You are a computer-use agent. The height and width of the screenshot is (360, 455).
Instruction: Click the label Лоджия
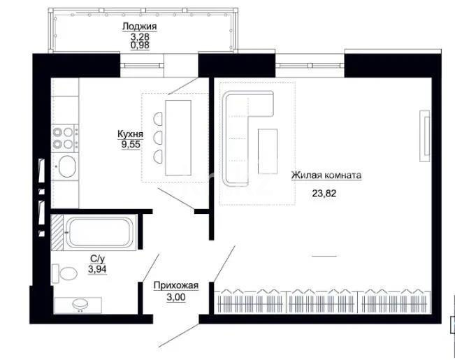click(138, 27)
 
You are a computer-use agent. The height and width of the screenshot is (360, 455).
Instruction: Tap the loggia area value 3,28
click(138, 37)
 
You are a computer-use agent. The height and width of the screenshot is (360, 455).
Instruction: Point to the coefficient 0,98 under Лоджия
click(138, 47)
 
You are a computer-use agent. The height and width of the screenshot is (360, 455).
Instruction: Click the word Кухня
click(130, 134)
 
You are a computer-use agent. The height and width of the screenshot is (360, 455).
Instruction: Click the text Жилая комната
click(326, 176)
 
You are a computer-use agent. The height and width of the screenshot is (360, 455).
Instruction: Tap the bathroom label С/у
click(97, 258)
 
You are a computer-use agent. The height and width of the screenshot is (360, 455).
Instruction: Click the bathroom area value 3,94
click(98, 267)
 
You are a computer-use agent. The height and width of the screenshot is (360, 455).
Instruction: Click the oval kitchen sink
click(66, 167)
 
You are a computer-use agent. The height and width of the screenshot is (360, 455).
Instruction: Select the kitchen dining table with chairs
click(178, 137)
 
